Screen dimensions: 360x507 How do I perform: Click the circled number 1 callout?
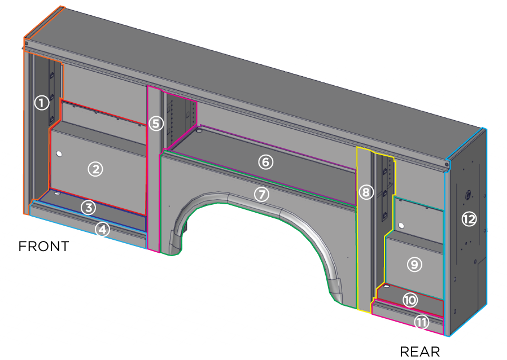pyautogui.click(x=41, y=103)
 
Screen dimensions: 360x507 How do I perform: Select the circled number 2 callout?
pyautogui.click(x=95, y=168)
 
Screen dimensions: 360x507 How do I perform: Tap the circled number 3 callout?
pyautogui.click(x=88, y=207)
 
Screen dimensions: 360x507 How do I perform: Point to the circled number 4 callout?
pyautogui.click(x=102, y=229)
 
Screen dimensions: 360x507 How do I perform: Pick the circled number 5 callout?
pyautogui.click(x=156, y=123)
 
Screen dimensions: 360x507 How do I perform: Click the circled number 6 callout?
pyautogui.click(x=265, y=162)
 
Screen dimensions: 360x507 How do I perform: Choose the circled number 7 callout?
pyautogui.click(x=261, y=194)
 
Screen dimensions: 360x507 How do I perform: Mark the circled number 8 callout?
pyautogui.click(x=366, y=192)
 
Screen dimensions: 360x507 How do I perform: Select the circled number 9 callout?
pyautogui.click(x=414, y=264)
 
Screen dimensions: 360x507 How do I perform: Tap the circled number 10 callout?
pyautogui.click(x=410, y=300)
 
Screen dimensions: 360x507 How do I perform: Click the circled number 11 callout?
pyautogui.click(x=421, y=322)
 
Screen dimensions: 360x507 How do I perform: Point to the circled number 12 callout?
pyautogui.click(x=469, y=219)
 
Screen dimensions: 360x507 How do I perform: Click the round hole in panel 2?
pyautogui.click(x=59, y=153)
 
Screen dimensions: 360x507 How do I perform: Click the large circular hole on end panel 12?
pyautogui.click(x=467, y=195)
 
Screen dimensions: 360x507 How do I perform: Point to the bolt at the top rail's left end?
pyautogui.click(x=27, y=43)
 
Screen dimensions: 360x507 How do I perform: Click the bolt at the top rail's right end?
pyautogui.click(x=447, y=164)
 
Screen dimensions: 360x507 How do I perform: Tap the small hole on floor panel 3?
pyautogui.click(x=57, y=194)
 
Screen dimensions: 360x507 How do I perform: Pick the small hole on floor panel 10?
pyautogui.click(x=387, y=287)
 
